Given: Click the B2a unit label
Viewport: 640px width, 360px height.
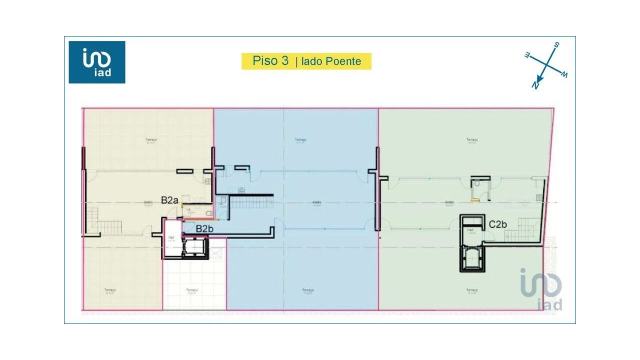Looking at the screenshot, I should click(169, 200).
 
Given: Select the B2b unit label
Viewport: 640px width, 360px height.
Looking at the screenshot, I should click(204, 228).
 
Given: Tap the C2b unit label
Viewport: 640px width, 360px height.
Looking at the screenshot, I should click(497, 224).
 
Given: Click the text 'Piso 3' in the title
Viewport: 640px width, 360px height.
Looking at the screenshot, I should click(270, 61).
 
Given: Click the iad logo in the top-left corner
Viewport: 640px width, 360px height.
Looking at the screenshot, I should click(97, 62).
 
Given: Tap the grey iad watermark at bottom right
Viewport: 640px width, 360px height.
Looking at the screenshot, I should click(541, 290).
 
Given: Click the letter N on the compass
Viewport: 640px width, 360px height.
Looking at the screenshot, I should click(535, 85).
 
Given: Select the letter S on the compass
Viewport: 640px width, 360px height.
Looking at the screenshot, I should click(556, 45).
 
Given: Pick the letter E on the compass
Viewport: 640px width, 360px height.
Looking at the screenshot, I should click(527, 55).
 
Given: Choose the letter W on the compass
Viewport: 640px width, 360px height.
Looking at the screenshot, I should click(564, 75).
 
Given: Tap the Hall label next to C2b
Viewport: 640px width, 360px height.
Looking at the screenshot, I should click(470, 230).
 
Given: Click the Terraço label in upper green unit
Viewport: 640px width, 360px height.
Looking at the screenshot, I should click(471, 140).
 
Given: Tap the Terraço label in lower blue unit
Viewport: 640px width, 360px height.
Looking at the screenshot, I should click(307, 290).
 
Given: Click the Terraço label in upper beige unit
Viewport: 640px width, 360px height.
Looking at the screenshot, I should click(151, 140).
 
